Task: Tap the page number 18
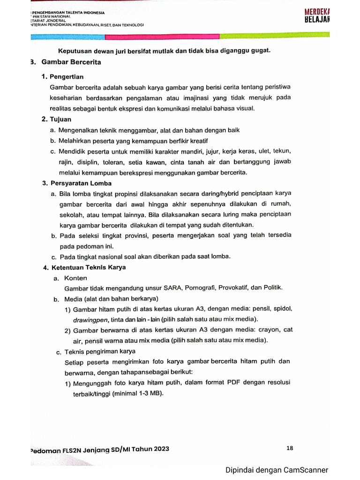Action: click(289, 448)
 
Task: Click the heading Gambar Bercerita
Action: click(71, 62)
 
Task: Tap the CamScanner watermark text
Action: click(277, 470)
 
